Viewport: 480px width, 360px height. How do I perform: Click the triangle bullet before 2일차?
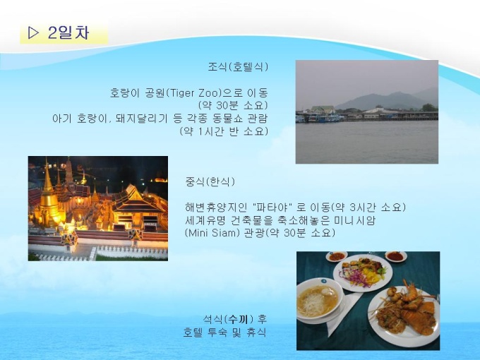[33, 32]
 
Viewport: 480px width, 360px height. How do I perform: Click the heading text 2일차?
[68, 32]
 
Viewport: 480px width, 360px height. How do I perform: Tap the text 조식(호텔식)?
[238, 67]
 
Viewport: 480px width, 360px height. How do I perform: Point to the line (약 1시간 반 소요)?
[224, 131]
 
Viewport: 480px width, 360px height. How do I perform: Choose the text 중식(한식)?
[210, 182]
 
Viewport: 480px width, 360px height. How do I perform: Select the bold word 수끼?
[239, 319]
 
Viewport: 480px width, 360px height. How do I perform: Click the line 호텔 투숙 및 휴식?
[224, 332]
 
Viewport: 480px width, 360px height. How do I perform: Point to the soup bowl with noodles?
[320, 299]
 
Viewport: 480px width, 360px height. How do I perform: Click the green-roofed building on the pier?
[323, 109]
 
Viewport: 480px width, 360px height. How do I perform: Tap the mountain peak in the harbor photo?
[397, 92]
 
